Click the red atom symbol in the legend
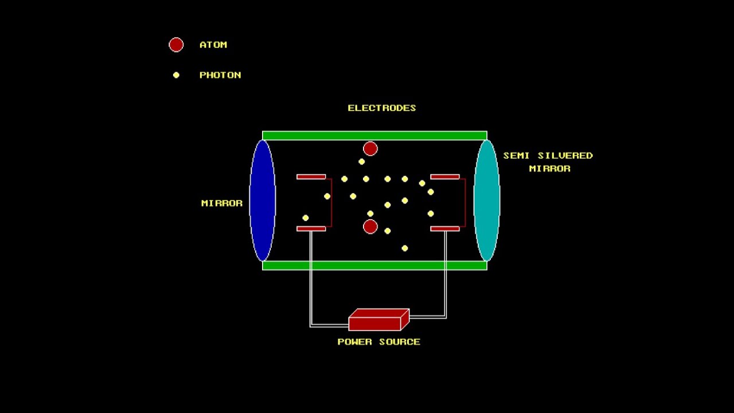point(176,45)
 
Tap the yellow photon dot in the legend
point(176,75)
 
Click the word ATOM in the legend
point(213,45)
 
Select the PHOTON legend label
point(220,75)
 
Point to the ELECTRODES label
point(382,108)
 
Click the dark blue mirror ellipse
point(263,201)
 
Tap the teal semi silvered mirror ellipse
point(487,201)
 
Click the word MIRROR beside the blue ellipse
point(222,203)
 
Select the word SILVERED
point(565,155)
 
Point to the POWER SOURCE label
point(379,342)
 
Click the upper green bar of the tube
point(374,136)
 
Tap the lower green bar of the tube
point(374,266)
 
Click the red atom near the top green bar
point(370,149)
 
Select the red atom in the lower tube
point(370,227)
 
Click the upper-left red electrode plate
point(311,177)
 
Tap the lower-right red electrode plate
point(445,229)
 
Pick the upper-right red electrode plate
point(445,177)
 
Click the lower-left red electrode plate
point(311,229)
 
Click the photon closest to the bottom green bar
point(405,248)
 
